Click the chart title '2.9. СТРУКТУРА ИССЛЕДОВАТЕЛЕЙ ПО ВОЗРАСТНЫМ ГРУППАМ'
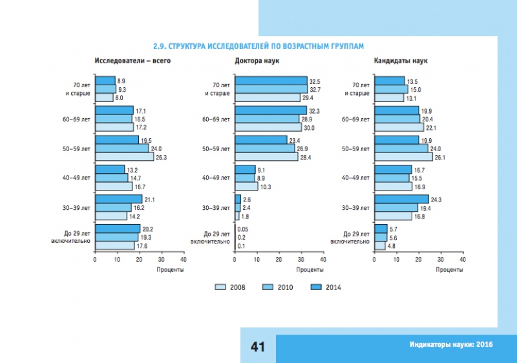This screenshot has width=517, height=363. [258, 47]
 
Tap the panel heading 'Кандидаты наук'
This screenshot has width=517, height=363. [397, 61]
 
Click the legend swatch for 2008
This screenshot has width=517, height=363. [220, 287]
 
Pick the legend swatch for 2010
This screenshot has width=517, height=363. [269, 287]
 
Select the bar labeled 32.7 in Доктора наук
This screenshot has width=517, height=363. [271, 90]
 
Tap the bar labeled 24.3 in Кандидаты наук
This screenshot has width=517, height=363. [401, 200]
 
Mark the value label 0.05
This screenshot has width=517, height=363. [242, 229]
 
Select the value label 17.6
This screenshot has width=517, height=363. [142, 245]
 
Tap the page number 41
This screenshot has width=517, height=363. [258, 347]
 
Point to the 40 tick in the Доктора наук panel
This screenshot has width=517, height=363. [323, 259]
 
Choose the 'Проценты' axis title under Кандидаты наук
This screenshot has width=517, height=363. [417, 269]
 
